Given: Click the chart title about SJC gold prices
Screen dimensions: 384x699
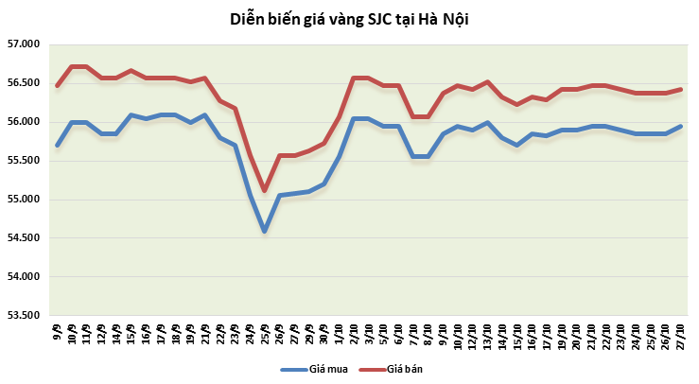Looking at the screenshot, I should pyautogui.click(x=349, y=19).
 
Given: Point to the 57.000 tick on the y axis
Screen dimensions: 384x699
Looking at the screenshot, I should pyautogui.click(x=23, y=44).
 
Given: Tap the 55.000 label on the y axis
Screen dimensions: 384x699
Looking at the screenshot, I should pyautogui.click(x=23, y=200).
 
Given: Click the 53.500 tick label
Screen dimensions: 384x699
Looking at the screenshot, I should pyautogui.click(x=23, y=315).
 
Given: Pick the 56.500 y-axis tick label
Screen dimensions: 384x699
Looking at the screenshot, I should pyautogui.click(x=23, y=83).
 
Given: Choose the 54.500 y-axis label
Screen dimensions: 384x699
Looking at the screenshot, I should pyautogui.click(x=23, y=238).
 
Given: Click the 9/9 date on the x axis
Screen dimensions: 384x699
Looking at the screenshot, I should pyautogui.click(x=58, y=332).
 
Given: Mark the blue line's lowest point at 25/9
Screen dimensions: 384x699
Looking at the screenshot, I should pyautogui.click(x=264, y=231).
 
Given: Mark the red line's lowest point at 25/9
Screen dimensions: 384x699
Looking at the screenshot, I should pyautogui.click(x=264, y=191).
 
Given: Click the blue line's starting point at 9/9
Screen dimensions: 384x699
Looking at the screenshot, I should pyautogui.click(x=58, y=145).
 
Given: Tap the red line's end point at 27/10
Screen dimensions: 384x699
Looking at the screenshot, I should pyautogui.click(x=680, y=89).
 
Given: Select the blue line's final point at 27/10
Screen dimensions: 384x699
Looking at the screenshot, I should pyautogui.click(x=680, y=126).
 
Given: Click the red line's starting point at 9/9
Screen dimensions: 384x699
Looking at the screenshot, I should pyautogui.click(x=58, y=85).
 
